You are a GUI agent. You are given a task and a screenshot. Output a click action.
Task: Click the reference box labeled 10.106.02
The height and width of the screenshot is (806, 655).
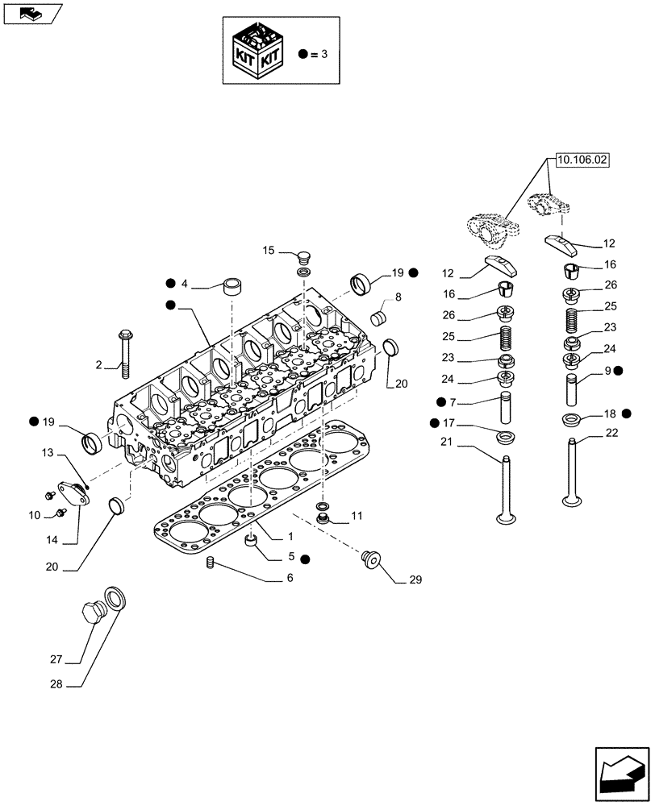click(x=581, y=160)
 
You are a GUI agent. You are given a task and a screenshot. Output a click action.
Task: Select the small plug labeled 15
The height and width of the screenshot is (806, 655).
click(x=304, y=260)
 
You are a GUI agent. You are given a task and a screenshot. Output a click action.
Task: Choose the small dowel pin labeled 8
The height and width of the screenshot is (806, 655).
click(x=378, y=316)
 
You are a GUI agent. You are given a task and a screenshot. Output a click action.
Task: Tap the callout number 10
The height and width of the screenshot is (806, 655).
click(x=35, y=514)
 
